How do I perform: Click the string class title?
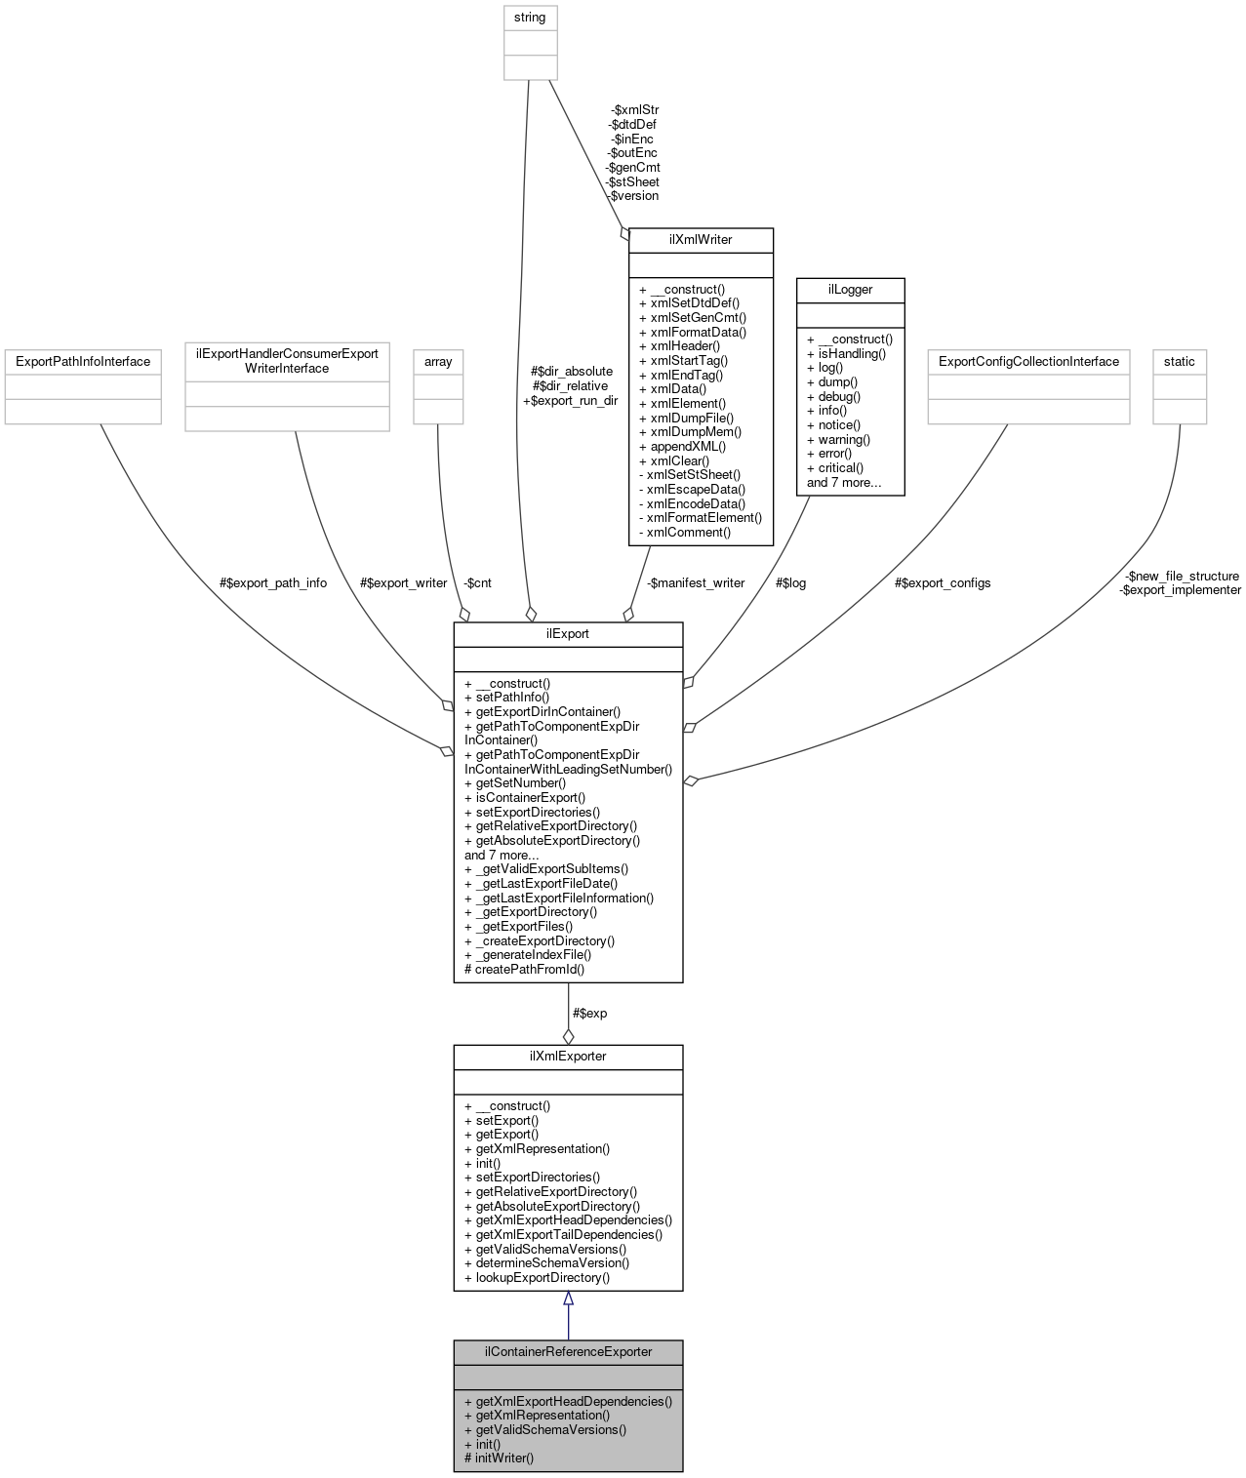point(530,18)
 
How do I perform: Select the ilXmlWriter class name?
point(701,239)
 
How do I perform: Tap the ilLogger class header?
point(850,290)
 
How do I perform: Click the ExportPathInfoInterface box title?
point(82,362)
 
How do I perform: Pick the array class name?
point(438,362)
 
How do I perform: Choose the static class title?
point(1179,362)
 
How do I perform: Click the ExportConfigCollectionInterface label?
point(1028,362)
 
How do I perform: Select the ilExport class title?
point(568,634)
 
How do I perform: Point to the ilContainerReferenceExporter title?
point(568,1352)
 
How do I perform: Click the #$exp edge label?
point(589,1014)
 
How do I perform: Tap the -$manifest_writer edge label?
point(696,583)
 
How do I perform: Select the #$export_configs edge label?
point(943,583)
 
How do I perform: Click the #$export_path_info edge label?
point(273,583)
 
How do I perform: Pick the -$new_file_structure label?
point(1182,577)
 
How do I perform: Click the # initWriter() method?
point(500,1458)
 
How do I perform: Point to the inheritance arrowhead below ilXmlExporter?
point(568,1298)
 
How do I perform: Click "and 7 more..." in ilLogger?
point(844,483)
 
